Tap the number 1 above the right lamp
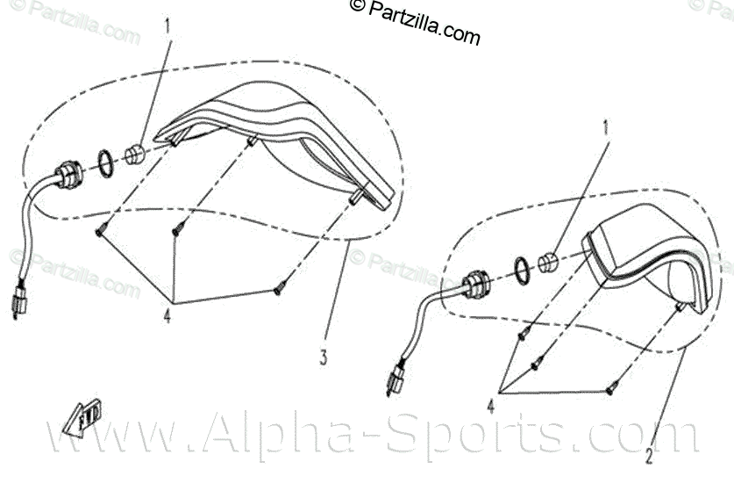pyautogui.click(x=603, y=126)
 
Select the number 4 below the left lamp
pyautogui.click(x=167, y=315)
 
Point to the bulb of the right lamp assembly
pyautogui.click(x=548, y=261)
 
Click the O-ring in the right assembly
pyautogui.click(x=519, y=270)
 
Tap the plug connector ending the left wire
pyautogui.click(x=18, y=300)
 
